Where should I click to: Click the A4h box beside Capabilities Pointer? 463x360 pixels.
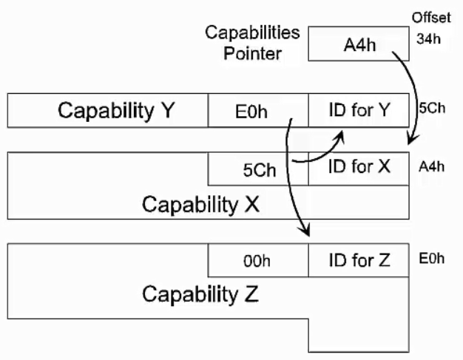tap(359, 45)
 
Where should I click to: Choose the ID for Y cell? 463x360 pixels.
tap(359, 111)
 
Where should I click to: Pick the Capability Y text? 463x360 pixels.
tap(116, 111)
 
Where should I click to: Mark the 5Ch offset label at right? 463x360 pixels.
tap(431, 108)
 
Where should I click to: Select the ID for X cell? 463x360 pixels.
tap(359, 167)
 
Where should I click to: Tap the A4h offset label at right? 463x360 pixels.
tap(432, 166)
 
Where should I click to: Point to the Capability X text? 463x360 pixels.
tap(200, 203)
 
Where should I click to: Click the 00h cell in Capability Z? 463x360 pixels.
tap(258, 261)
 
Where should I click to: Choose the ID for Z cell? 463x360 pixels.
tap(359, 260)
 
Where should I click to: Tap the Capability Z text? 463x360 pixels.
tap(200, 295)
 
